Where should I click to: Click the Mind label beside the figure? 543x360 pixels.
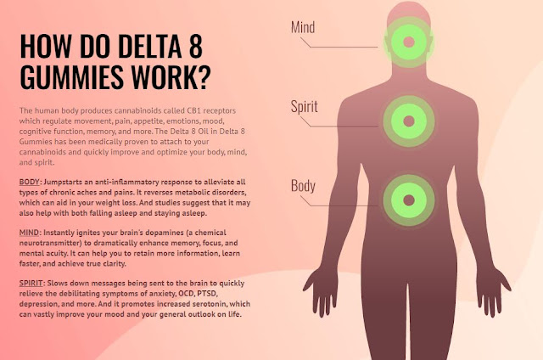[303, 27]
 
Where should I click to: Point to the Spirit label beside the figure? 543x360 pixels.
[305, 107]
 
